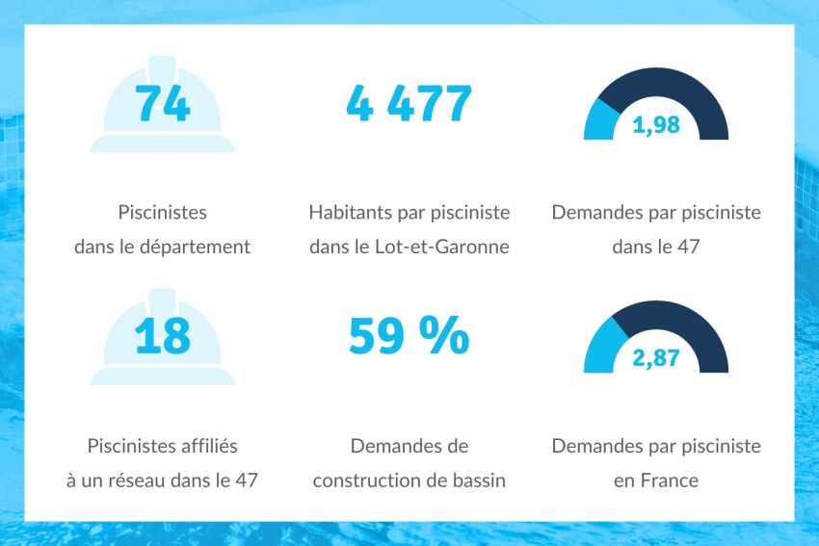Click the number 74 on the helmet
pos(162,103)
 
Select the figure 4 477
pos(409,103)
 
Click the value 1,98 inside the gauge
pos(656,125)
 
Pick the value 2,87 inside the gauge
pos(656,358)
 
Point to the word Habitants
pos(350,212)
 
